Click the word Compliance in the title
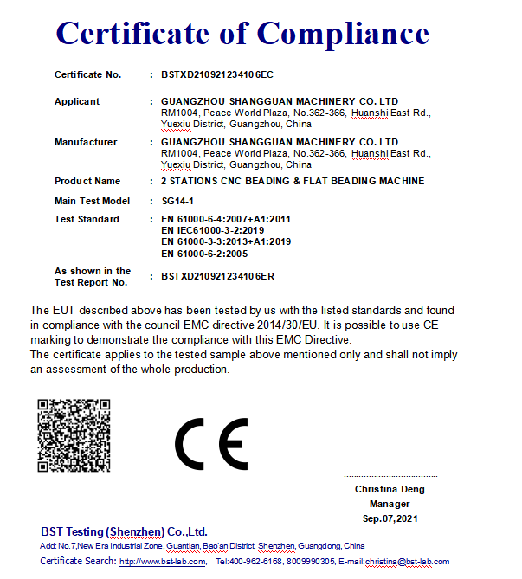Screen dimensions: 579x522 point(343,34)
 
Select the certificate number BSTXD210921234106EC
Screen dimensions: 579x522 point(216,75)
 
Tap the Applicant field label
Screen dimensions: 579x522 point(77,102)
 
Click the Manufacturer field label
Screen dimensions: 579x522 point(86,142)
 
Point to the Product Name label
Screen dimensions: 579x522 point(87,182)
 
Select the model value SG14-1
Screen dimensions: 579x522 point(177,201)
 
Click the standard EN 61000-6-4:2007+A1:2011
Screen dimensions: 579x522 point(226,220)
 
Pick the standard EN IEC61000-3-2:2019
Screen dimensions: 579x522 point(213,231)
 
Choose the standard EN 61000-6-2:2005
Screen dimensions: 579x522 point(206,254)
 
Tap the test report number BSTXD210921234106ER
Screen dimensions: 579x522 point(217,277)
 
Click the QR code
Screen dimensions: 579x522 point(74,435)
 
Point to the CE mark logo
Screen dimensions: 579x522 point(212,444)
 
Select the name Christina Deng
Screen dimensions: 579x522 point(390,490)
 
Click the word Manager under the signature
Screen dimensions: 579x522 point(390,504)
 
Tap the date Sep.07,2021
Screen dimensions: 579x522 point(390,518)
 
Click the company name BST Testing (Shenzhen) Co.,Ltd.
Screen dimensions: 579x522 point(124,531)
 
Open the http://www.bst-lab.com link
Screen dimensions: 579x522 point(163,562)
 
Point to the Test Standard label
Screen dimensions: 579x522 point(87,220)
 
